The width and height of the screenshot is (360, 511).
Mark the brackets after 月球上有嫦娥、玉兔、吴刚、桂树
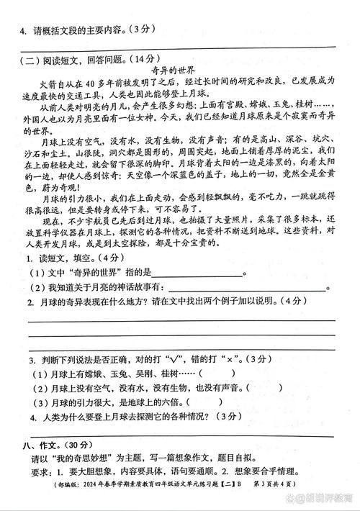(208, 373)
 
